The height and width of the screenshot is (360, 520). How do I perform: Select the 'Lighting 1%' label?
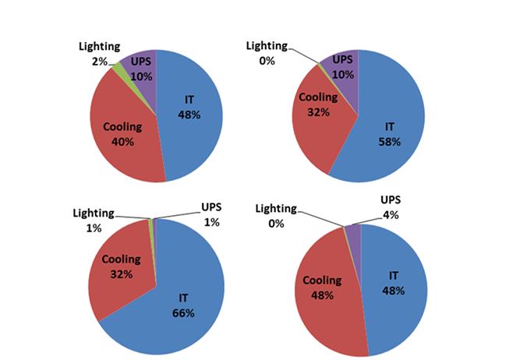(94, 220)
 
